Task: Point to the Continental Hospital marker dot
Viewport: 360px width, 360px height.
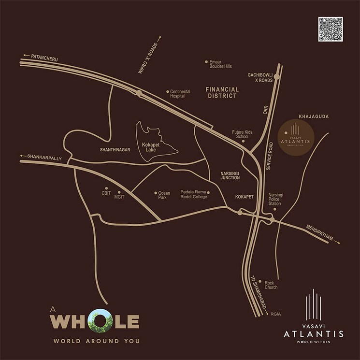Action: click(x=168, y=91)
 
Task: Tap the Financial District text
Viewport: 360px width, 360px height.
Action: click(x=222, y=92)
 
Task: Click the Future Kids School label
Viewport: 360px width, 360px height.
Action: click(x=240, y=134)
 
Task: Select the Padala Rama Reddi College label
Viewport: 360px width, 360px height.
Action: click(x=193, y=194)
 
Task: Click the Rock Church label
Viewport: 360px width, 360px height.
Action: click(x=271, y=285)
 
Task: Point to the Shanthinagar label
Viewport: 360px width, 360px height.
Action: click(x=116, y=150)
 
